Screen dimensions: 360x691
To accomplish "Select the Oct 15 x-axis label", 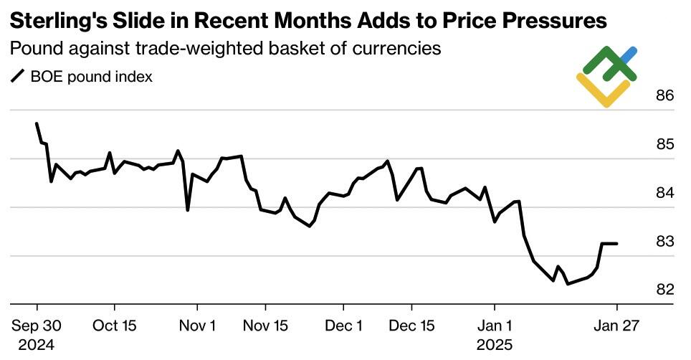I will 115,325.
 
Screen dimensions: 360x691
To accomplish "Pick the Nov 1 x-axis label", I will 198,325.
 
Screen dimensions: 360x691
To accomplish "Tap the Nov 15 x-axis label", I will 266,325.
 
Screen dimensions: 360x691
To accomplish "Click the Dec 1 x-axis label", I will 343,325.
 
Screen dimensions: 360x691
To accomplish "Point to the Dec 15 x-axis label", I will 412,325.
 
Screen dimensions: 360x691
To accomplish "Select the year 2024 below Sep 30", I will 37,344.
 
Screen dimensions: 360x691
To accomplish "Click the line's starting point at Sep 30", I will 37,123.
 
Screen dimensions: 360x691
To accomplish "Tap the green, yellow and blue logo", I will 606,76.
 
